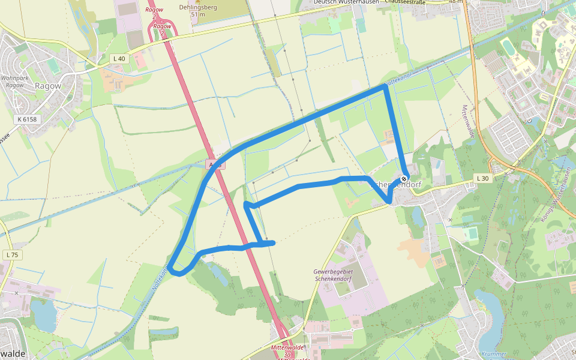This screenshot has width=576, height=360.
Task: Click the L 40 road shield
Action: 119,58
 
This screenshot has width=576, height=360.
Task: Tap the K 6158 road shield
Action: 27,119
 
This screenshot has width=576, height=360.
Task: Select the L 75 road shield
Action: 11,255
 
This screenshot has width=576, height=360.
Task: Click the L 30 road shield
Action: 482,178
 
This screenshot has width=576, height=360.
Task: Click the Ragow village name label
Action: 48,86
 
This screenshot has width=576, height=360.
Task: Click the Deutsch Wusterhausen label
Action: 346,2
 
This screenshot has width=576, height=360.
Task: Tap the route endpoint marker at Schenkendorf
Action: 404,178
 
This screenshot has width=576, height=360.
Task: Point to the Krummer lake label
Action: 493,354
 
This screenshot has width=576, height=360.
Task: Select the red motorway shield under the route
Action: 215,164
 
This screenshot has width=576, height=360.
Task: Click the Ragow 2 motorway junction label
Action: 162,26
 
